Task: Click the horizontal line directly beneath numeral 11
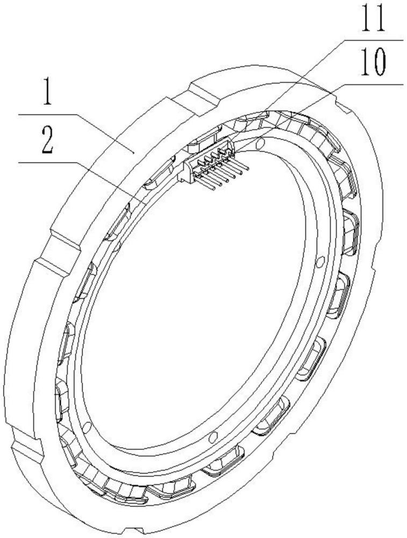tap(374, 40)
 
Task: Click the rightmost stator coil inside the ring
tap(351, 231)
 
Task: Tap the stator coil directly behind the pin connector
tap(203, 140)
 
